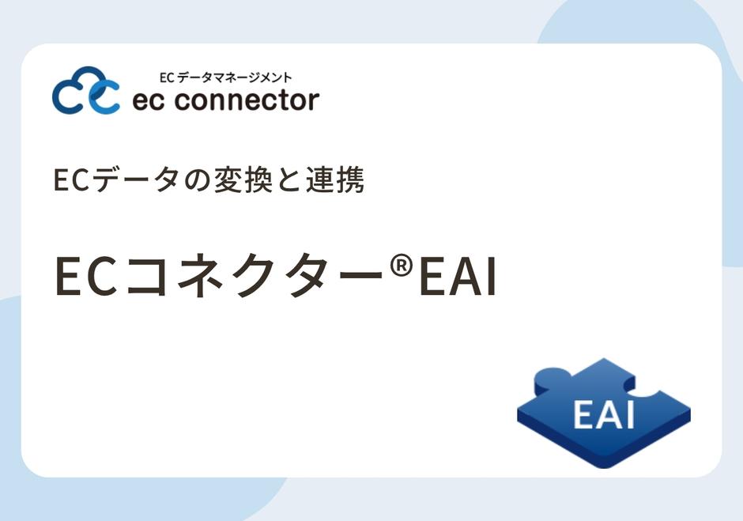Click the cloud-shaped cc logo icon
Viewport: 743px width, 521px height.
tap(86, 91)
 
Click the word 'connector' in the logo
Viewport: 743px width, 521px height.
tap(247, 100)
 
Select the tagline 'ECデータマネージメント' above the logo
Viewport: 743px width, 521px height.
tap(225, 77)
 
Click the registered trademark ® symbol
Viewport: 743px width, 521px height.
tap(402, 266)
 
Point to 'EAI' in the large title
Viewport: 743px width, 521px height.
tap(458, 277)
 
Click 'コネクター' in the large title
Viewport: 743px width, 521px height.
tap(255, 276)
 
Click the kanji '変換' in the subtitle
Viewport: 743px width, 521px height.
tap(243, 180)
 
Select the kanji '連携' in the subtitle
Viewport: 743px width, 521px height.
tap(335, 180)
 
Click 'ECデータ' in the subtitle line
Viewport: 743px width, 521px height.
tap(116, 180)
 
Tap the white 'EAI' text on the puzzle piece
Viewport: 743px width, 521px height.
tap(604, 414)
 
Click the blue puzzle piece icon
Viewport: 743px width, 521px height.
tap(604, 413)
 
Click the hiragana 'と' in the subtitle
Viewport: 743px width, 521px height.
tap(289, 181)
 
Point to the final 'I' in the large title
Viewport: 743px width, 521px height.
tap(492, 277)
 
